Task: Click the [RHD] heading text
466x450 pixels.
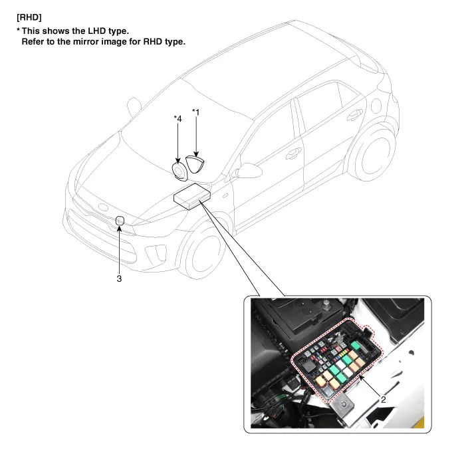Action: [29, 17]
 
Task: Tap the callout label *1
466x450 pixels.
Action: [196, 112]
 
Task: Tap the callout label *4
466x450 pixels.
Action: [177, 118]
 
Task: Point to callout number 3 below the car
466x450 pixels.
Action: [119, 279]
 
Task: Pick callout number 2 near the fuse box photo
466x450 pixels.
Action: [384, 399]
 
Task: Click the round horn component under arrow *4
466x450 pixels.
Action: [179, 171]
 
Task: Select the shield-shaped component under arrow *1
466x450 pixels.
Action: [195, 164]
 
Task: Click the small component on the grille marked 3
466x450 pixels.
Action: [120, 221]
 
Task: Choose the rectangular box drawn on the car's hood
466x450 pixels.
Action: [192, 197]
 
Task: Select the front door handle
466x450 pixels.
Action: [293, 154]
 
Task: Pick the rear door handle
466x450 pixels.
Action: [355, 114]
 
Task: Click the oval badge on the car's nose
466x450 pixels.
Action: [103, 207]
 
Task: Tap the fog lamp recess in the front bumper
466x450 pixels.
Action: [156, 253]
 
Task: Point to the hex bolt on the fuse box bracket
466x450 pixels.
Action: [344, 403]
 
